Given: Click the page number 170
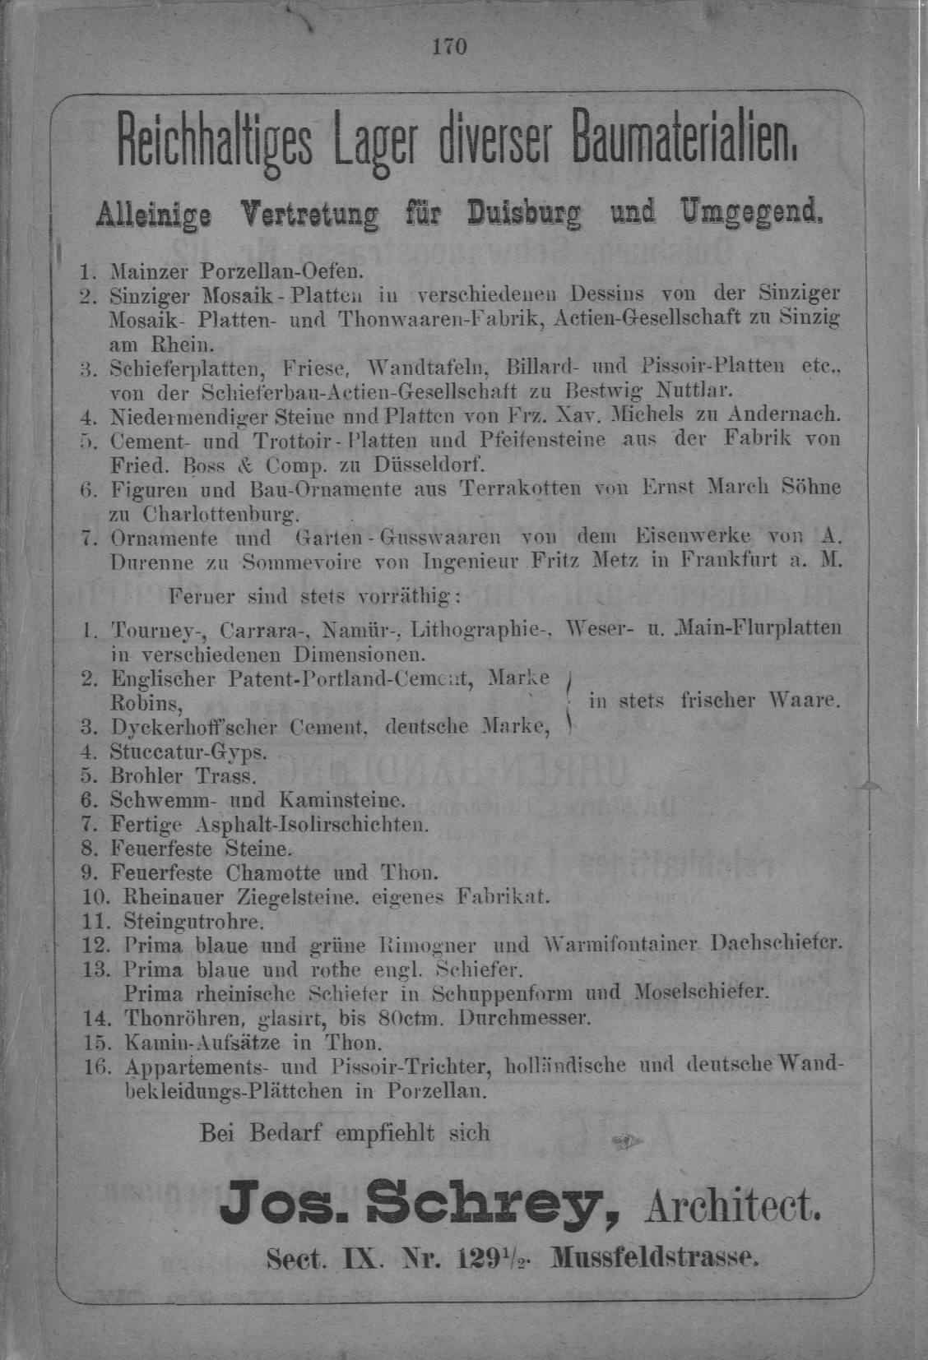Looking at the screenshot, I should click(x=450, y=47).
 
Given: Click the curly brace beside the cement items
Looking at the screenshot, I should click(x=569, y=701).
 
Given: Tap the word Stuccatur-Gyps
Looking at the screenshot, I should click(x=188, y=752).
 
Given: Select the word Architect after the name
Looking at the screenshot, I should click(x=733, y=1208).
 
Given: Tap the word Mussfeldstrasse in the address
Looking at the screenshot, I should click(x=656, y=1257).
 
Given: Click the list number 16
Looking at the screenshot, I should click(x=97, y=1066).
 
